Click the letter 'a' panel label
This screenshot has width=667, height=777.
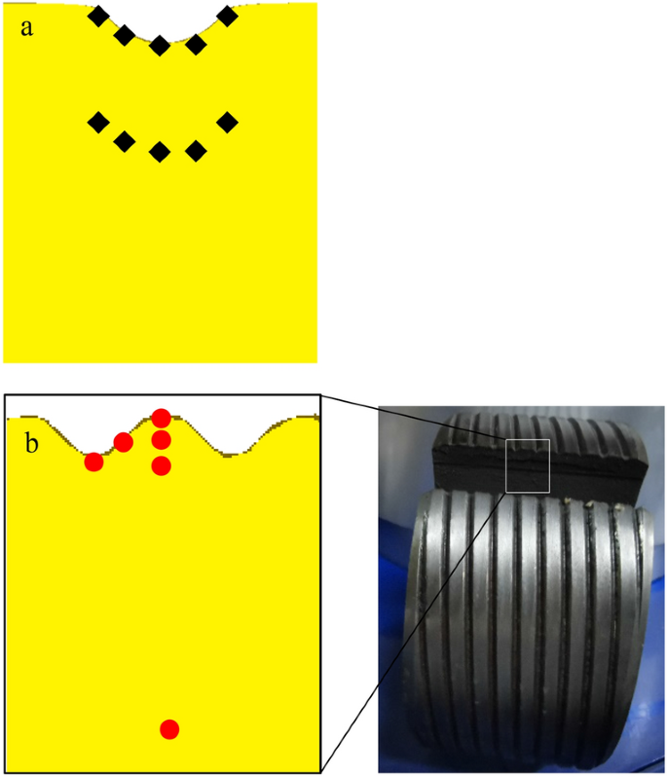27,27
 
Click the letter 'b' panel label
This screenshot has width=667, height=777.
31,446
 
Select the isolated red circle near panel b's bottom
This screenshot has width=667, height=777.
169,729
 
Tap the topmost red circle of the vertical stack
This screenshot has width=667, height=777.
162,419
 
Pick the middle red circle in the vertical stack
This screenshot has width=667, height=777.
162,440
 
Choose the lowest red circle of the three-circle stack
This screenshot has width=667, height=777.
162,465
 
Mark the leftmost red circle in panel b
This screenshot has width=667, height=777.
93,462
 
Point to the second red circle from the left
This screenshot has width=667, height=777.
124,443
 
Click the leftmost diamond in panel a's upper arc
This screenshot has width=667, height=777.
98,16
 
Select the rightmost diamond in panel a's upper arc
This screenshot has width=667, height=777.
227,16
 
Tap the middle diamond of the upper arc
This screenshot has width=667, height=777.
160,45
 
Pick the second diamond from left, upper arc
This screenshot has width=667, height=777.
125,36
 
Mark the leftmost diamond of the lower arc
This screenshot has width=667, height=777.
98,122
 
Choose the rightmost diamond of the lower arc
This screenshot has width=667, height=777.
227,122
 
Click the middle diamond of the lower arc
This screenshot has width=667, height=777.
160,151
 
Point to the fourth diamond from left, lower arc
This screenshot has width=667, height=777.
196,150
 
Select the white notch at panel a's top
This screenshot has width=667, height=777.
161,18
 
